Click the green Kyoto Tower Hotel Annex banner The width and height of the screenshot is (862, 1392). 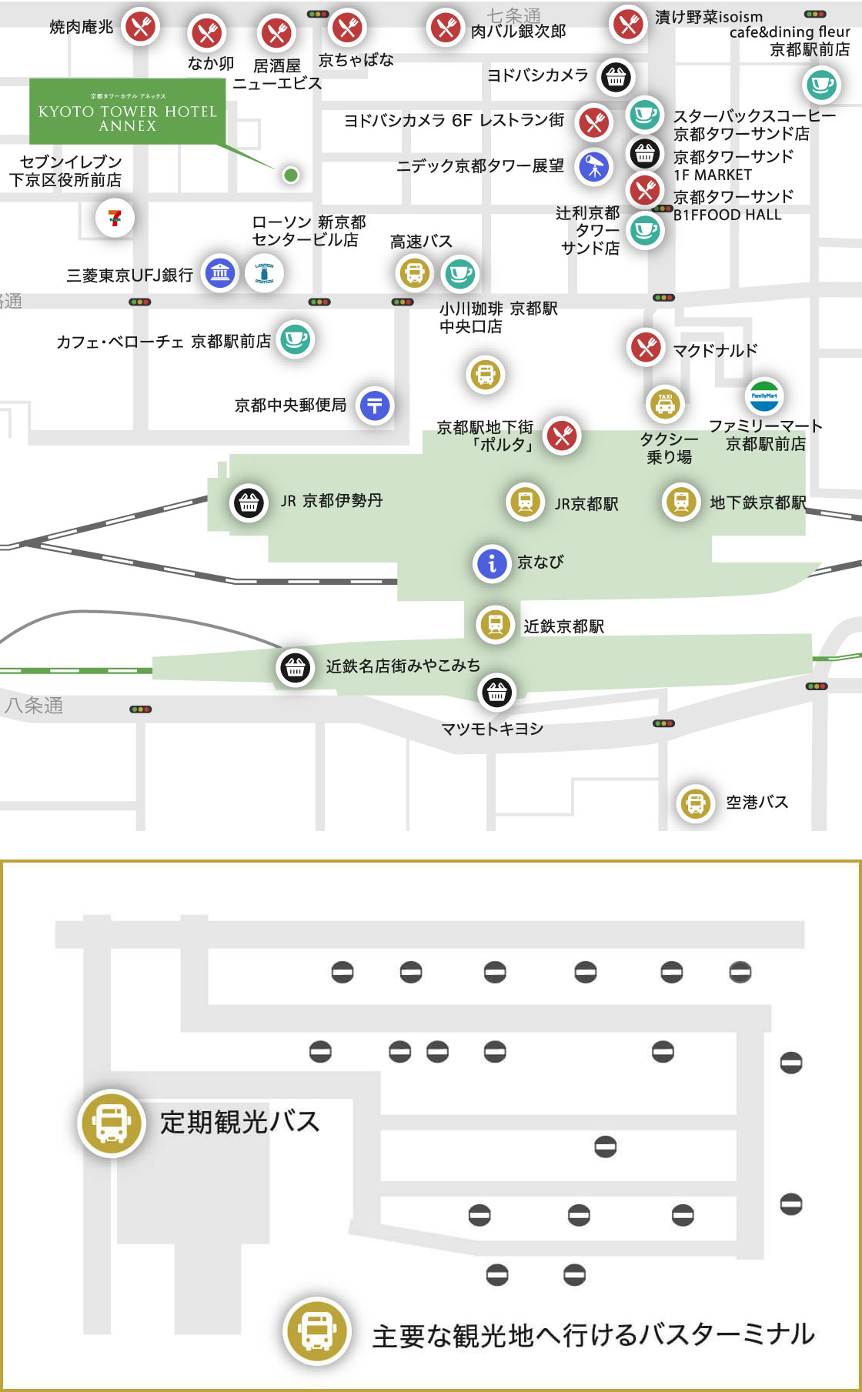(128, 111)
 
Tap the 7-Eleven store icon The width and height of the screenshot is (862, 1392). (115, 218)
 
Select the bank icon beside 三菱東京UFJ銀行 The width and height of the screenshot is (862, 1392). (220, 272)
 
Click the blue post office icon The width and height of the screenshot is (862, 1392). (375, 406)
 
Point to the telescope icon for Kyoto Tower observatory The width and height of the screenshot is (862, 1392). (593, 166)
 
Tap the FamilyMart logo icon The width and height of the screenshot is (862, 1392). (764, 396)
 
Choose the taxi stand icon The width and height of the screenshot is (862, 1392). (664, 402)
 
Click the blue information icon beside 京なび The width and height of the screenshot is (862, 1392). (492, 563)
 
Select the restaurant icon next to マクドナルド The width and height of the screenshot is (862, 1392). (646, 347)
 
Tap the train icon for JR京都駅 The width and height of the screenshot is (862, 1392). (526, 502)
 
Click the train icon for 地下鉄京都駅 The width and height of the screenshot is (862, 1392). (681, 502)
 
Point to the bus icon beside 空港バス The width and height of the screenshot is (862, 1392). (695, 803)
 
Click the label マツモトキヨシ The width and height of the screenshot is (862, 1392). (493, 729)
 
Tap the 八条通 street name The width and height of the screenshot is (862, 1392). (34, 706)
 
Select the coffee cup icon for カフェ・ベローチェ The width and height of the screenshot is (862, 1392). (296, 339)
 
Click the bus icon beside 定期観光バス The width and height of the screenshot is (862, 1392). (112, 1123)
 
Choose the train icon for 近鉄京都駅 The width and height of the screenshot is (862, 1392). (496, 624)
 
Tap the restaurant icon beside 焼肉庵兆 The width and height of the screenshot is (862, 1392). (140, 27)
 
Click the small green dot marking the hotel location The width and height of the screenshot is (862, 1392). (290, 175)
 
